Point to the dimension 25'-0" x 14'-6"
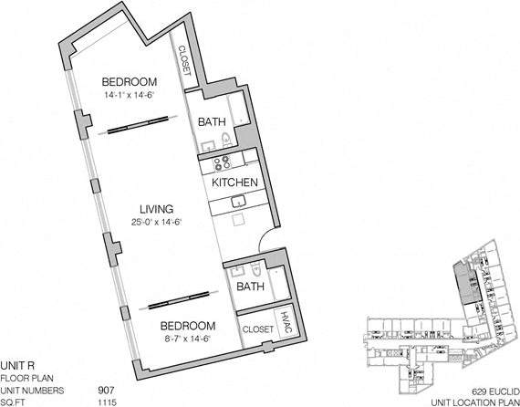click(x=151, y=224)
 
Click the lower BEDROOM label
click(x=187, y=326)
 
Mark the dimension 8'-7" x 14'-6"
click(x=187, y=339)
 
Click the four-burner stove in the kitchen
click(x=222, y=163)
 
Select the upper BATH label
click(x=213, y=120)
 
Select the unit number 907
click(x=105, y=389)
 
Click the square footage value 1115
click(x=105, y=402)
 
